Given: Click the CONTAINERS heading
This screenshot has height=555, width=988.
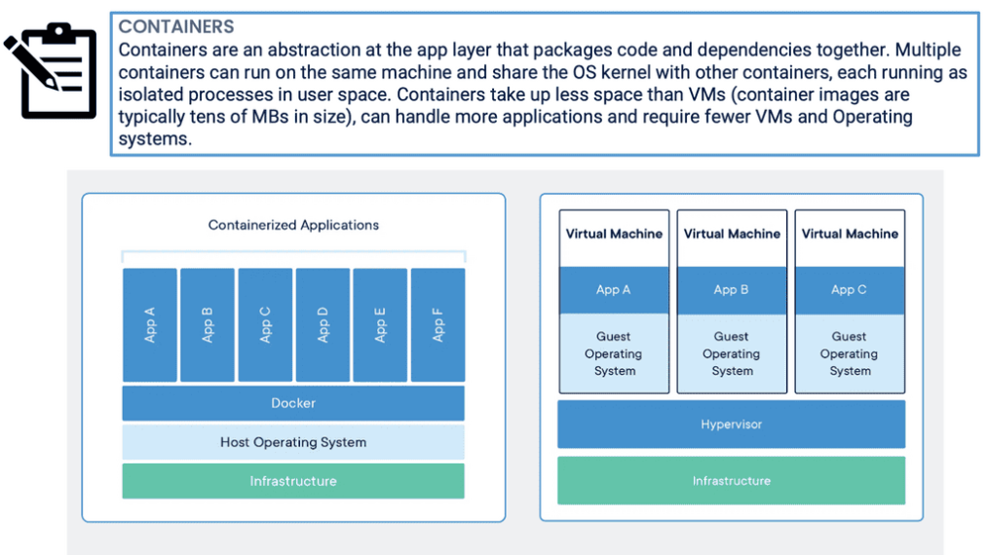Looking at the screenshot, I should pos(176,26).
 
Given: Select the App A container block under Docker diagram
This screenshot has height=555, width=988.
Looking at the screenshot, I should pos(150,324).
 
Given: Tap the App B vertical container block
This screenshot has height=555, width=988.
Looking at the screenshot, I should pos(208,324).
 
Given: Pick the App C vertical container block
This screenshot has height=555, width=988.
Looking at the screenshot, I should pos(265,324).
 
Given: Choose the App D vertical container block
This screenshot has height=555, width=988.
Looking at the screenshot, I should pos(323,324).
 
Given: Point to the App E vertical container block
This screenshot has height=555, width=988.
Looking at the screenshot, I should pos(380,324).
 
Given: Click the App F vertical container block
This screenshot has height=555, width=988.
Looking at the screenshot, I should pos(437,324).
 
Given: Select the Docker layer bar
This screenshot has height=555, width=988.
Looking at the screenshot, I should pos(293,403).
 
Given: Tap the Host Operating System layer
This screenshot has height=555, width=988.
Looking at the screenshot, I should pos(293,442).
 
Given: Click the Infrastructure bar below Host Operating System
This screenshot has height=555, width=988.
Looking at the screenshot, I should pos(293,481).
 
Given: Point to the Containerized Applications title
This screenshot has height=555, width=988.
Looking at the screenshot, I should pos(293,225).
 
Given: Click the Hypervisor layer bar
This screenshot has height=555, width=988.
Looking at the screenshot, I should pos(731,425).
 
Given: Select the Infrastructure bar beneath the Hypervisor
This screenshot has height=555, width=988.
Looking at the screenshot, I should pos(731,481).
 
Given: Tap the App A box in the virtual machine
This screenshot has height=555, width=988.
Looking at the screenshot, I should pos(614,290).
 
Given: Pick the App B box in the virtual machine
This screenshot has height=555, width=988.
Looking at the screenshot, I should pos(731,290).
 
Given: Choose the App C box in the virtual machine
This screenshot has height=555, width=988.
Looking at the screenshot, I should pos(849,290).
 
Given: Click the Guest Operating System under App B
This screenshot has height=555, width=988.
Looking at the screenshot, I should pos(731,353).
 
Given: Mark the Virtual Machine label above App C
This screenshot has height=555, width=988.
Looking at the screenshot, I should pos(850,234).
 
